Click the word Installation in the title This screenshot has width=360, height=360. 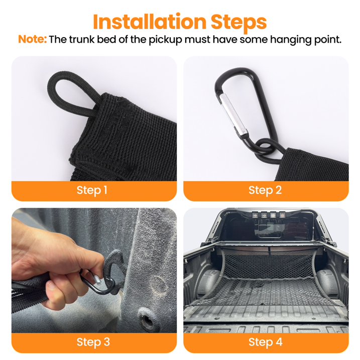150,22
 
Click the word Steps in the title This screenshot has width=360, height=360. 239,22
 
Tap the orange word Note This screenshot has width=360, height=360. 32,39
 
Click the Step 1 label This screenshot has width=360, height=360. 92,190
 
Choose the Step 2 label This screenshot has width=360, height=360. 265,190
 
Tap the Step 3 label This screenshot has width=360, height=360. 93,342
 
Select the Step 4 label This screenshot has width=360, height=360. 266,342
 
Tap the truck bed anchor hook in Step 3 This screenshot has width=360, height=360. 115,264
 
